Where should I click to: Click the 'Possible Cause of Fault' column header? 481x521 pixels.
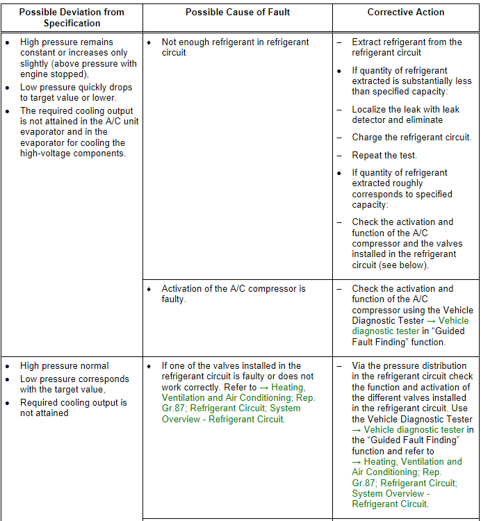(x=238, y=13)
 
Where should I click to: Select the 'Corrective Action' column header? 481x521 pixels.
(x=406, y=13)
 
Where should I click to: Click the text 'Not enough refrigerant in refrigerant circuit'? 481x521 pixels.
(x=235, y=47)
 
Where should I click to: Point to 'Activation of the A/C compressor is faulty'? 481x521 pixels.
(x=233, y=294)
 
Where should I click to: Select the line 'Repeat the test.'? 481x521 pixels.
(x=384, y=156)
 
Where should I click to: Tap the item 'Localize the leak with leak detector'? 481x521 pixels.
(x=405, y=115)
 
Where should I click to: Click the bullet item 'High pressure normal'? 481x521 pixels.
(x=65, y=366)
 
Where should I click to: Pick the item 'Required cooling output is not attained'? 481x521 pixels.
(x=73, y=408)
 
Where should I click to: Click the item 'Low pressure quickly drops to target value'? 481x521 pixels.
(x=76, y=92)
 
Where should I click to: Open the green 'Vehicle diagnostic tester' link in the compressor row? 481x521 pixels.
(x=410, y=326)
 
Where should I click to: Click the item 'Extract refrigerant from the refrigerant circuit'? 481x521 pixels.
(x=407, y=47)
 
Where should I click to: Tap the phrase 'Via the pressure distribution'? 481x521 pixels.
(x=409, y=366)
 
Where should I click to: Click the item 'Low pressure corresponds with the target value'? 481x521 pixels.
(x=74, y=384)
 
